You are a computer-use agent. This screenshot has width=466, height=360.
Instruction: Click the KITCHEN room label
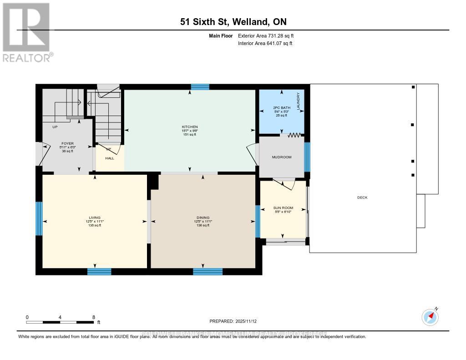pos(189,127)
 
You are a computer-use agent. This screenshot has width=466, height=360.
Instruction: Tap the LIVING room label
pos(95,218)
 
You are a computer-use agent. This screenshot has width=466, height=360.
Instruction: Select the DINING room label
pos(203,218)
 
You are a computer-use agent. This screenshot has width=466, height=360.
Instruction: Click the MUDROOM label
pos(281,157)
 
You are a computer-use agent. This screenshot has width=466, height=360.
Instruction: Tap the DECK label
pos(362,198)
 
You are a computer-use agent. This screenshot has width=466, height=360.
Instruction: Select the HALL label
pos(109,158)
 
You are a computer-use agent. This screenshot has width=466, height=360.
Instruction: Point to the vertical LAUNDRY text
pos(298,101)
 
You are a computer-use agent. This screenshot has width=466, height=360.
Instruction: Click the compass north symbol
pos(430,316)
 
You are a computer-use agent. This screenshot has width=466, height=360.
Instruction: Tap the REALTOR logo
pos(26,32)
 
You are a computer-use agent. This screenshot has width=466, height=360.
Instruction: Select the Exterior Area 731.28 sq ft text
pos(268,36)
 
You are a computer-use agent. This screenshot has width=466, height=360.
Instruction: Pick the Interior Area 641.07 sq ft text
pos(265,44)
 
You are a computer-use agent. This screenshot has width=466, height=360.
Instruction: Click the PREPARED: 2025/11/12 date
pos(233,321)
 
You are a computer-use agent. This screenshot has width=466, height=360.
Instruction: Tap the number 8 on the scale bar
pos(93,317)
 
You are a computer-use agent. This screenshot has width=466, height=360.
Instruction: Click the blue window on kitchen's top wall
pos(200,87)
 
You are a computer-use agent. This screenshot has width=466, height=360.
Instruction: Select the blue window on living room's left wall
pos(39,218)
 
